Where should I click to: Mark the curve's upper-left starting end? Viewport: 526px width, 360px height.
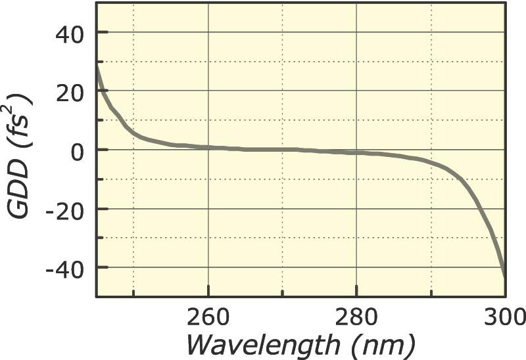tap(97, 66)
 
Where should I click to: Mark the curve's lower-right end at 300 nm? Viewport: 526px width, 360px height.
tap(504, 276)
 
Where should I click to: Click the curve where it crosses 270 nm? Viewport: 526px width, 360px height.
tap(283, 149)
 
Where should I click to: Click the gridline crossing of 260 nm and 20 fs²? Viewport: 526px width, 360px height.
tap(208, 91)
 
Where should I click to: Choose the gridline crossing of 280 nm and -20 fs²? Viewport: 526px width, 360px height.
tap(356, 209)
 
